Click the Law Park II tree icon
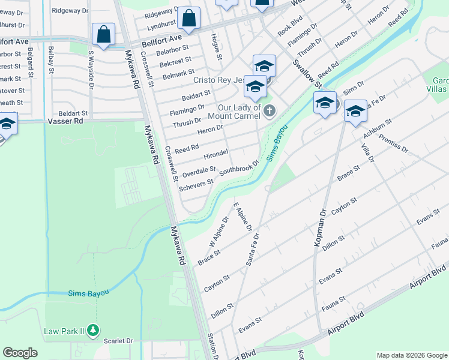click(92, 330)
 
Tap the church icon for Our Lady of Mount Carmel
click(270, 110)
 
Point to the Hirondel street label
click(216, 155)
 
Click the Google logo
click(20, 353)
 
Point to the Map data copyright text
click(411, 355)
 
